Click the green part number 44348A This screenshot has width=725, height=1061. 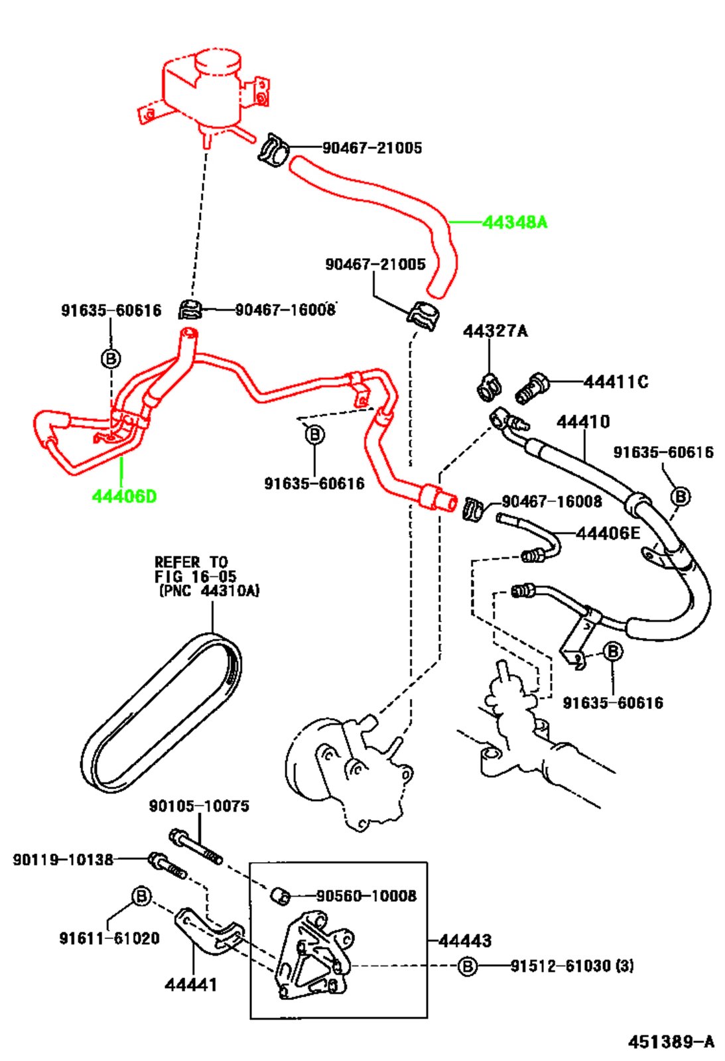click(515, 222)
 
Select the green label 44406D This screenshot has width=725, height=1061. click(124, 496)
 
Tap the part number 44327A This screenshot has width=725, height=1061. click(495, 331)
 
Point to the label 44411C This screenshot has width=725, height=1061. click(616, 382)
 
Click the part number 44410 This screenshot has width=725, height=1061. click(582, 422)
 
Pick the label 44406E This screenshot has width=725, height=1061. click(608, 532)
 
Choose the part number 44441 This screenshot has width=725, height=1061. click(190, 985)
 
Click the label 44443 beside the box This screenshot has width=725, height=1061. click(465, 940)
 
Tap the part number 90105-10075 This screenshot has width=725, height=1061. click(199, 806)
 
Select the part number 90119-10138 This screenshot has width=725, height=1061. click(63, 860)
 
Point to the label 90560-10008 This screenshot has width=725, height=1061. click(366, 896)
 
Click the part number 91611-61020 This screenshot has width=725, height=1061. click(109, 938)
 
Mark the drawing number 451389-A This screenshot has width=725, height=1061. click(671, 1042)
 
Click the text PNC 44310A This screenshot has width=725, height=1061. click(209, 590)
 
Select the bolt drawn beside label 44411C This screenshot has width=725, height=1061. click(531, 387)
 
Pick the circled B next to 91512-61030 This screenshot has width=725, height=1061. click(467, 966)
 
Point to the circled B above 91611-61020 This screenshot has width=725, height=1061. click(141, 897)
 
